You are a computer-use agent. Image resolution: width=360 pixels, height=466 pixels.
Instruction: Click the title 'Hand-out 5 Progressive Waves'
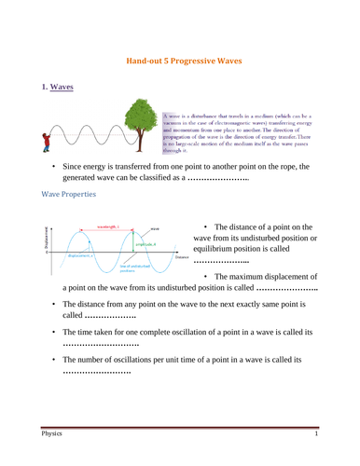[x=179, y=58]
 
